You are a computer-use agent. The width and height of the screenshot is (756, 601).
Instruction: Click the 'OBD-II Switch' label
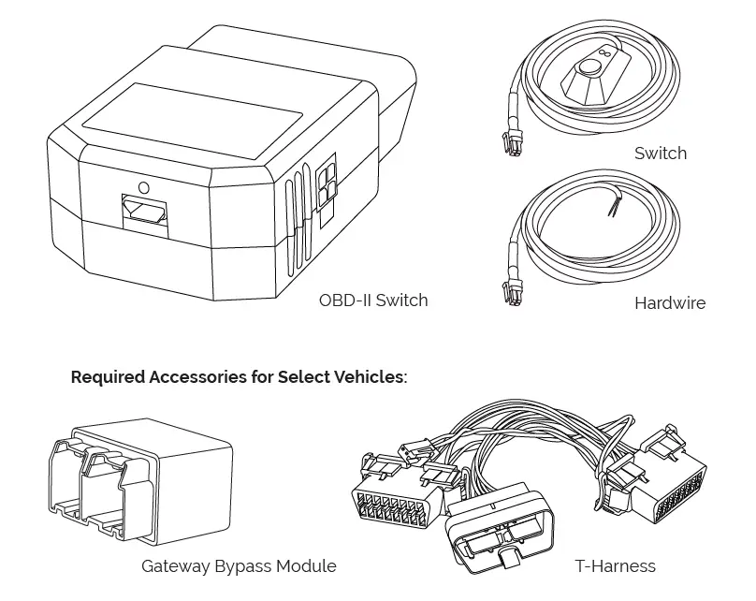pos(373,300)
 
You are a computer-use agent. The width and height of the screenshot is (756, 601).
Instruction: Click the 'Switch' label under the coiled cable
pos(660,153)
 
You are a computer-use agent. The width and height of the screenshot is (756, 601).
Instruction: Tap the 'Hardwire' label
pos(669,302)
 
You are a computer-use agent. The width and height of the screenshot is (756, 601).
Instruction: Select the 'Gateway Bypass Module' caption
pos(239,565)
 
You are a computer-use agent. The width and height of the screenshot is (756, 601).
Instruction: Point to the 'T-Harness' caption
pos(615,565)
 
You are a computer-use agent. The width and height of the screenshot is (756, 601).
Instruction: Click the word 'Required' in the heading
pos(108,378)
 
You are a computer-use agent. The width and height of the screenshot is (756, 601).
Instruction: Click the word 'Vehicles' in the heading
pos(371,378)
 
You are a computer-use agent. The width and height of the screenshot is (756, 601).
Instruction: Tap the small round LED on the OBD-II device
pos(143,187)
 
